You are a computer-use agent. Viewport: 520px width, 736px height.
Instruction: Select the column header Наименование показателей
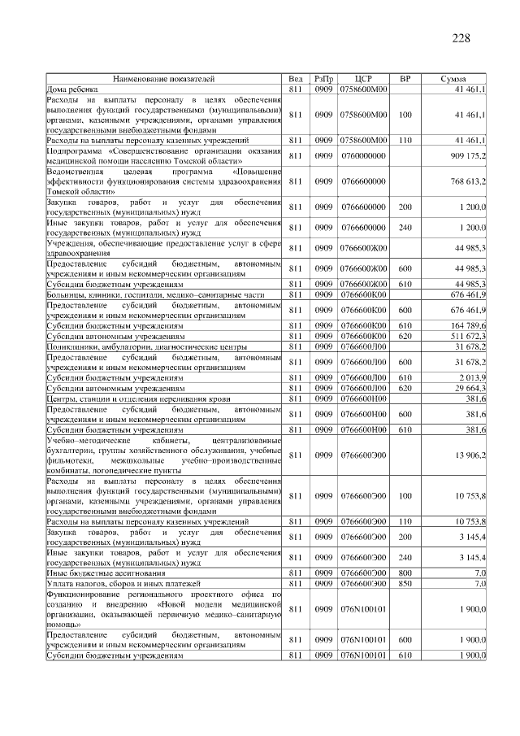tap(164, 79)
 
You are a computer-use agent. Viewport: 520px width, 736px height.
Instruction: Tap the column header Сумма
tap(453, 79)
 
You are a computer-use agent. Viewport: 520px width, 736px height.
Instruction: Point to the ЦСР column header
tap(363, 79)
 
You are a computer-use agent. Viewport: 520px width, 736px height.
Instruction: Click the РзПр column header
tap(323, 79)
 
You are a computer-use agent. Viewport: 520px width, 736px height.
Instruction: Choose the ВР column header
tap(405, 79)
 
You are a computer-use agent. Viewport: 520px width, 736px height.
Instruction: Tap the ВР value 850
tap(405, 583)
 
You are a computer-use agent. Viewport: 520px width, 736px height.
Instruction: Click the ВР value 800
tap(405, 573)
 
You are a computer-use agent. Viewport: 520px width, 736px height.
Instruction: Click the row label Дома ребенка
tap(72, 88)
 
